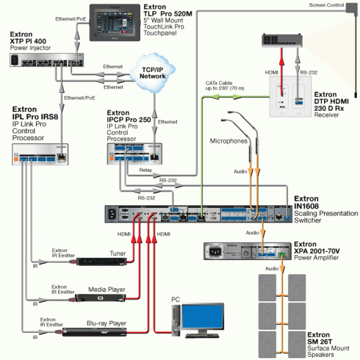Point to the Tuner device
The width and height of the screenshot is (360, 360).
[102, 263]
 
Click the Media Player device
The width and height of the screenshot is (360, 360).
[100, 298]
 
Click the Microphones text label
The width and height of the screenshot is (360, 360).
[228, 140]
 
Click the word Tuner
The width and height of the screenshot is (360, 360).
[117, 253]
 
